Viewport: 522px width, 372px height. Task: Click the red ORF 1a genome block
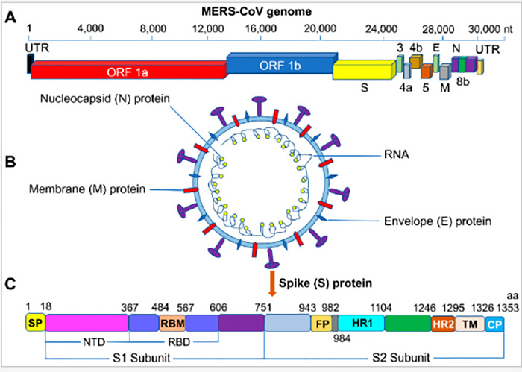(127, 70)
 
